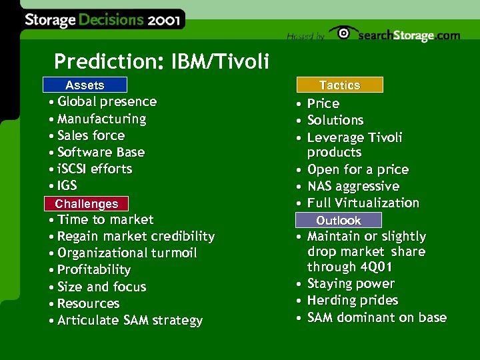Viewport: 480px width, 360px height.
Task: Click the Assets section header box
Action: pos(84,85)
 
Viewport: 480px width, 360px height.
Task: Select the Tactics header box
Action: pos(339,85)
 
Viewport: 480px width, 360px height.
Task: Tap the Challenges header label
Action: pos(86,203)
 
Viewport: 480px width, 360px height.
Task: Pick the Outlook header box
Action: pos(339,220)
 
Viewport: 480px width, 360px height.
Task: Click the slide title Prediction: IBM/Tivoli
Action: pos(161,61)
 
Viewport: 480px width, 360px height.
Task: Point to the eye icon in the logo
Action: pos(343,33)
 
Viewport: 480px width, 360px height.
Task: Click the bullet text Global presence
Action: pos(107,102)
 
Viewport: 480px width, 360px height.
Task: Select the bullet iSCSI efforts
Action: pos(95,169)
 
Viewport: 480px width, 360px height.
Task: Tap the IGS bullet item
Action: pos(67,185)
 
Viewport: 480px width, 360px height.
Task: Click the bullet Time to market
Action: pos(105,219)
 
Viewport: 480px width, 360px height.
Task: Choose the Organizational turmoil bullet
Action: pos(127,253)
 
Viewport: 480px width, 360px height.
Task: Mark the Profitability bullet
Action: pos(93,270)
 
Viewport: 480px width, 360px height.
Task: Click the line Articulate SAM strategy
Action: pos(129,321)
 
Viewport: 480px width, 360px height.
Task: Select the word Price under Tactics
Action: pos(323,103)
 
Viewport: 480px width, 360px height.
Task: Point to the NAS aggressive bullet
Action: pos(353,186)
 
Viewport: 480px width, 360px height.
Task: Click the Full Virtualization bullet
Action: pos(363,203)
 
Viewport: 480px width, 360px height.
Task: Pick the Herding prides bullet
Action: pos(352,301)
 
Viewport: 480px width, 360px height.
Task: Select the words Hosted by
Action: pos(305,37)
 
